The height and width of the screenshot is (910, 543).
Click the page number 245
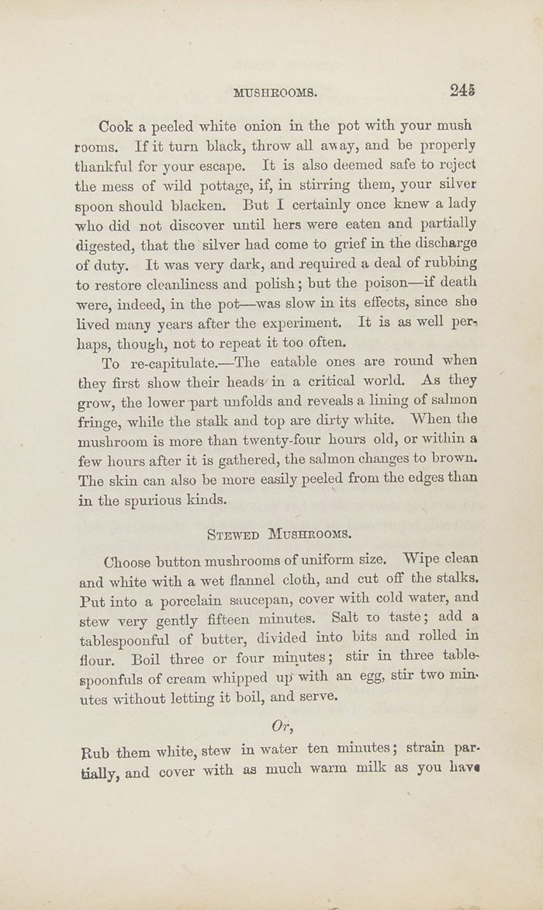462,90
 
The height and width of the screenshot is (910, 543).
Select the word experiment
299,322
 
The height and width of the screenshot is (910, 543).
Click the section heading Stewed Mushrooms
278,534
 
